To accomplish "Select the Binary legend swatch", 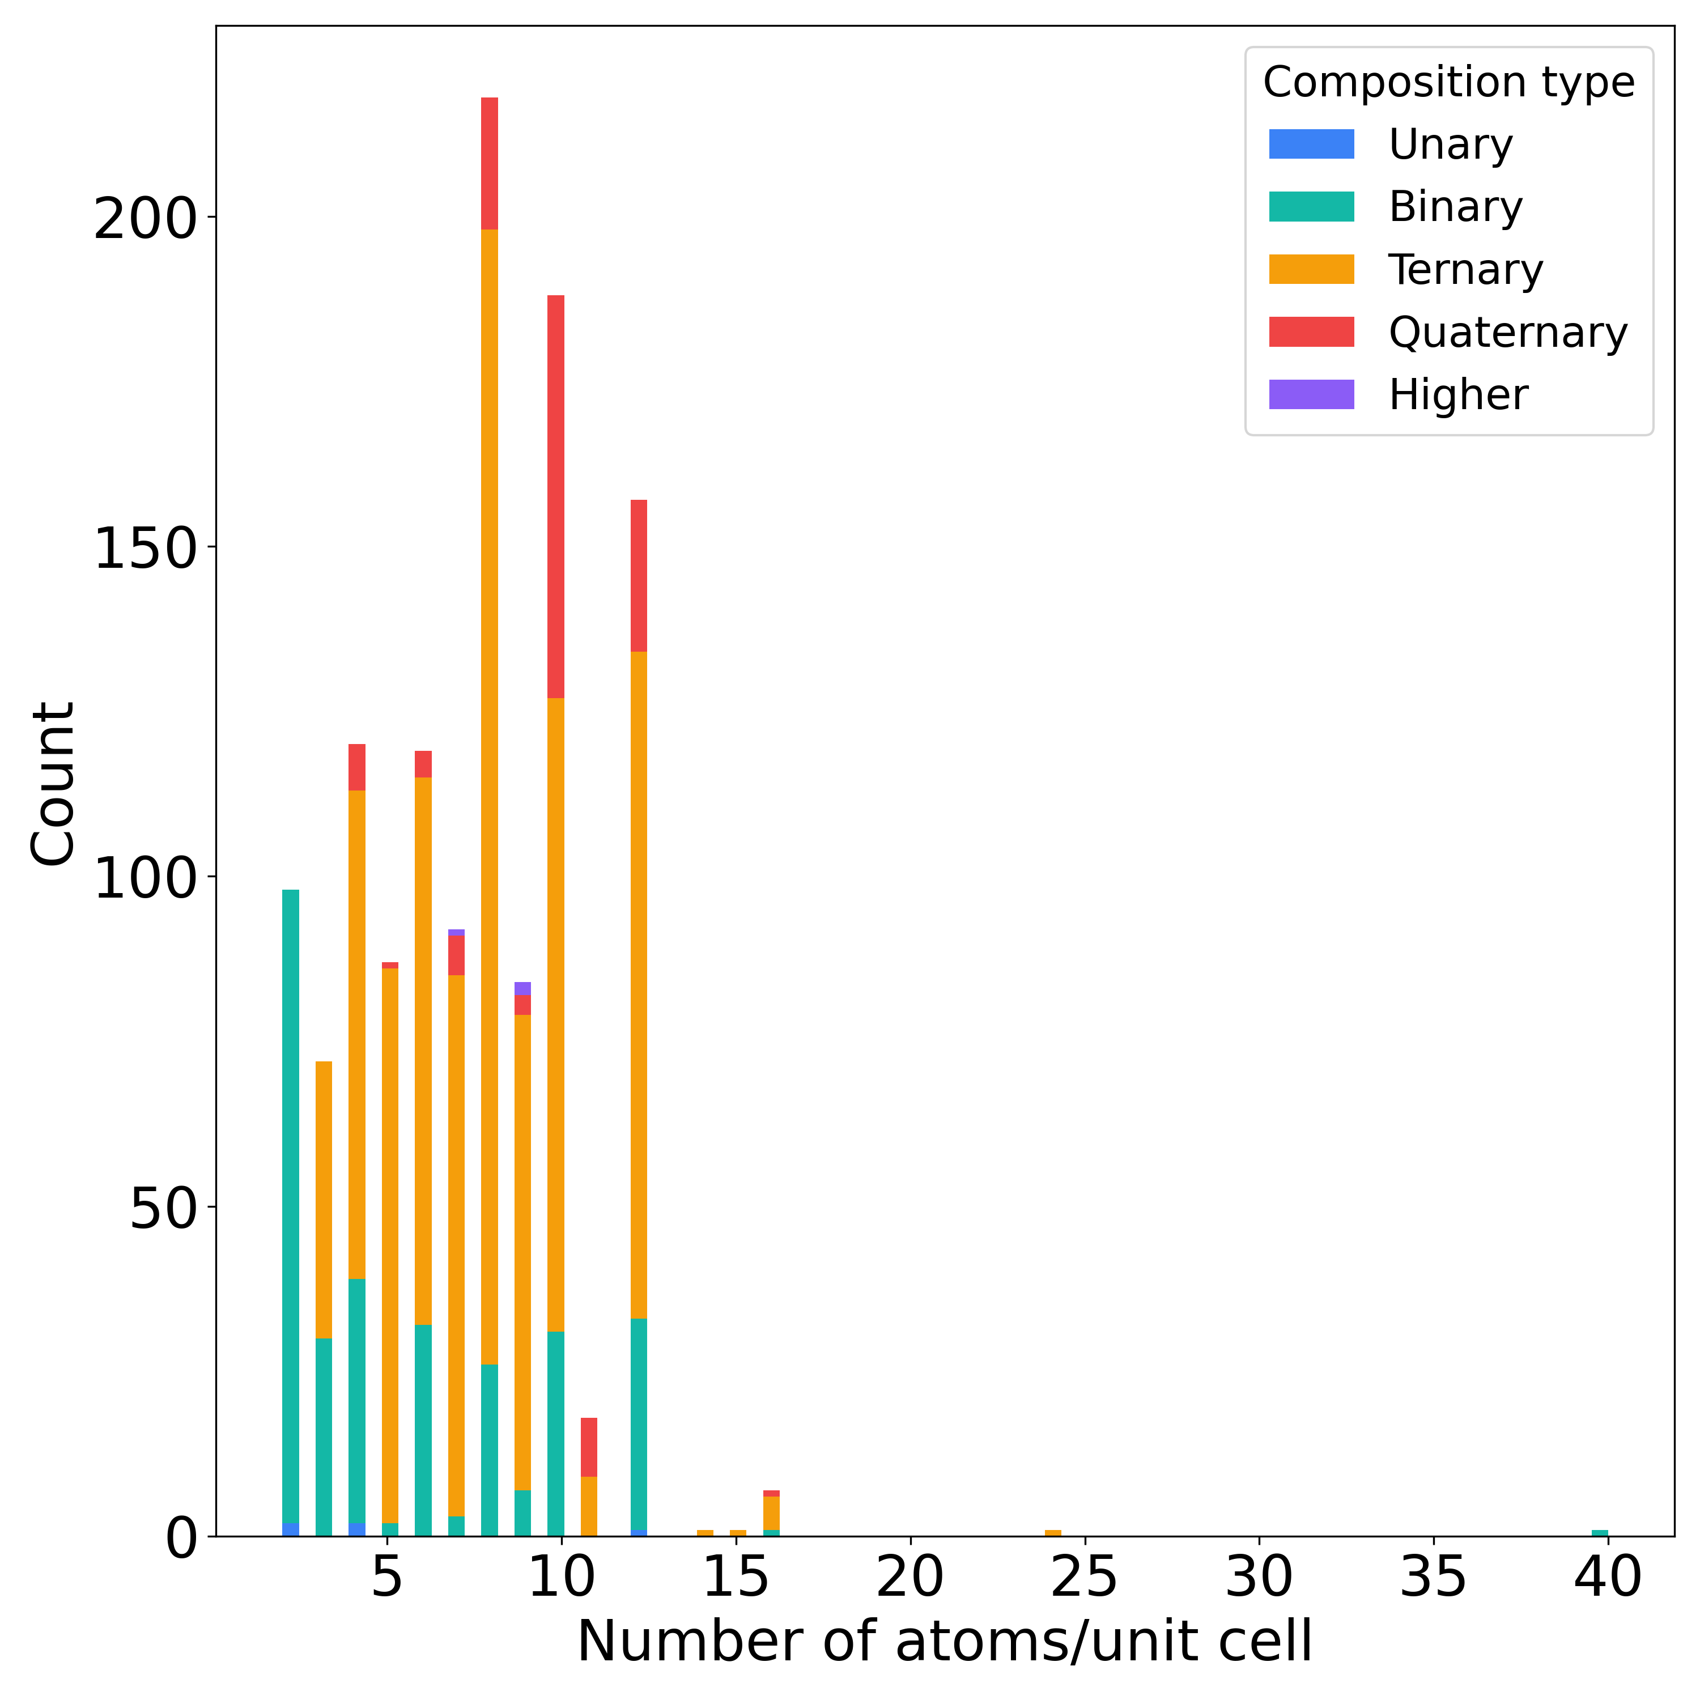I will (x=1311, y=207).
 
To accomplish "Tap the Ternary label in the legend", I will (x=1465, y=270).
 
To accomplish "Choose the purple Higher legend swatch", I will (x=1311, y=394).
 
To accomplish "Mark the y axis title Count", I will (x=53, y=783).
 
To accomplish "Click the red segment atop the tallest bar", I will (x=489, y=163).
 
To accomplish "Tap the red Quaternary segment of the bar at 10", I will (x=555, y=497).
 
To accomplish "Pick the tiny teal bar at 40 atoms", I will (x=1600, y=1534).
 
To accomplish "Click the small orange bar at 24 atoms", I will (x=1052, y=1534).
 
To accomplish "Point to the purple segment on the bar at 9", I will (x=522, y=988).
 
